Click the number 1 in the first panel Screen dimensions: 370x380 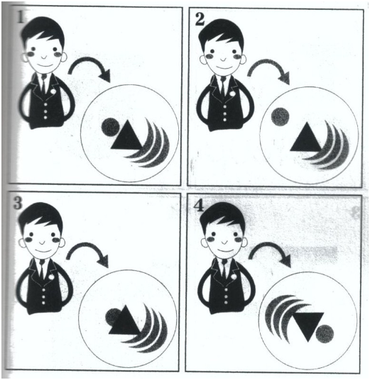coord(21,18)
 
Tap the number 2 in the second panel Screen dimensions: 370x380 coord(200,19)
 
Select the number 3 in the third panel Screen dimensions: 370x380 coord(18,203)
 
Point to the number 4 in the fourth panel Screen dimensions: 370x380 coord(198,206)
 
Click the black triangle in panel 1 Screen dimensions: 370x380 coord(127,138)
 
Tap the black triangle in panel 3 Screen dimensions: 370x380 coord(125,323)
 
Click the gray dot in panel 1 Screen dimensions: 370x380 coord(111,127)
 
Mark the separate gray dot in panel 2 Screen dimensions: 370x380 coord(281,116)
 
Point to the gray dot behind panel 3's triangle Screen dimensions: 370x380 coord(112,317)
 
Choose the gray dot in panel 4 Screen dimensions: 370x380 coord(325,334)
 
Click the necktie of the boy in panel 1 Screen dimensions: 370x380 coord(44,83)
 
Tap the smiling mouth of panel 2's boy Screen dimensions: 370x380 coord(224,67)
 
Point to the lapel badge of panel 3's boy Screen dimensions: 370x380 coord(51,276)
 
